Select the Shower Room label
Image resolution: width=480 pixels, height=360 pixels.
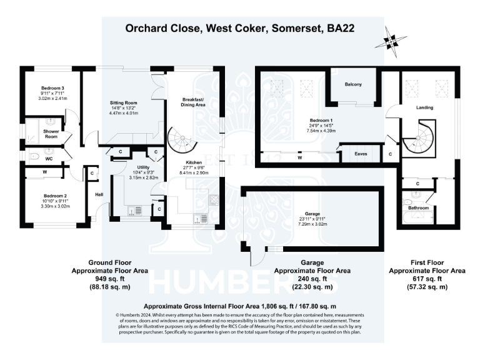click(51, 134)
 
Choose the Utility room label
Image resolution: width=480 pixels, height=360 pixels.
click(144, 167)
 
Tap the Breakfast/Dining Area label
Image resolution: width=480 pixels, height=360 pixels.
click(194, 102)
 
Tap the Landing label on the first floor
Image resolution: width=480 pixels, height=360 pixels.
click(425, 107)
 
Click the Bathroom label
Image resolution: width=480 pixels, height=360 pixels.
click(419, 207)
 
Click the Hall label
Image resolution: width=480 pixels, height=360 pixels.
click(99, 194)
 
